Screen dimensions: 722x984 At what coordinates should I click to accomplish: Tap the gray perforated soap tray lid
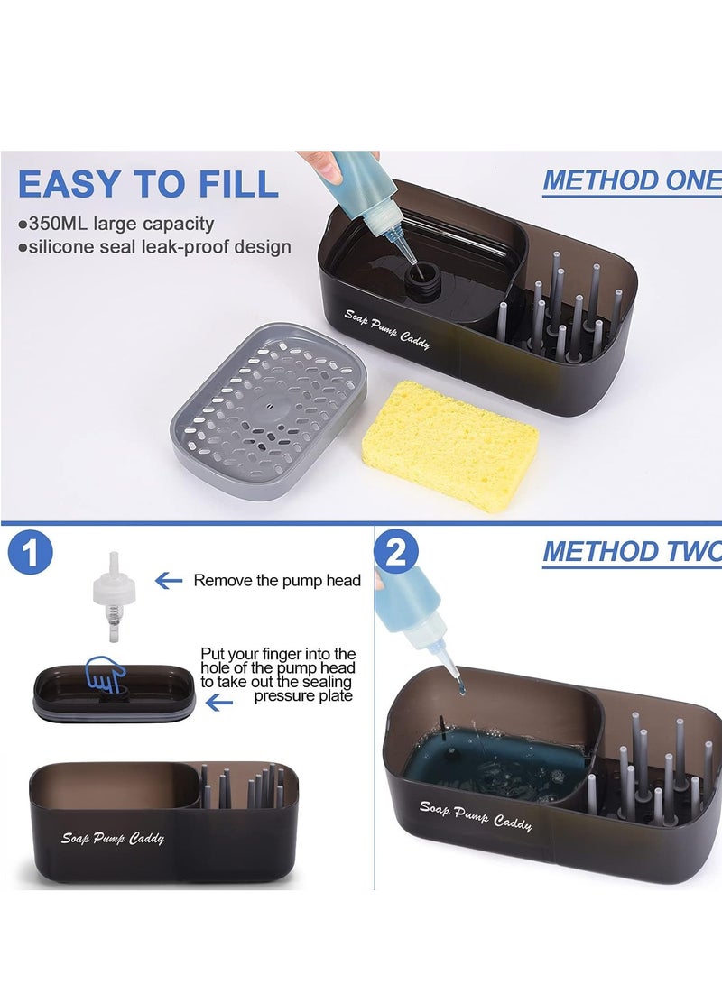(269, 411)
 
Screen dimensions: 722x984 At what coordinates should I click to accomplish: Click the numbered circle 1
(30, 553)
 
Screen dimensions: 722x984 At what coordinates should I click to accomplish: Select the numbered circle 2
(396, 552)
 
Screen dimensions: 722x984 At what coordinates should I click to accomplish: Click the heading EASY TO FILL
(148, 184)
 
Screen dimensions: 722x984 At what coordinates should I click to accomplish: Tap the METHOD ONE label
(633, 180)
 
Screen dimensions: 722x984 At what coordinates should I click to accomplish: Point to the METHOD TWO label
(633, 552)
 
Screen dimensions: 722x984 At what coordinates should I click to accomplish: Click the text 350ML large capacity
(116, 224)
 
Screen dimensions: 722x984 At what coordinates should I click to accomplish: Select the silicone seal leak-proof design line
(154, 246)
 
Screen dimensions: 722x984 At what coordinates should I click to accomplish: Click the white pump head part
(114, 596)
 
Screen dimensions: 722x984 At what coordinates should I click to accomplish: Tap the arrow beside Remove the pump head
(168, 581)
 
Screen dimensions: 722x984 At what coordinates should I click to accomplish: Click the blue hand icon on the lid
(106, 675)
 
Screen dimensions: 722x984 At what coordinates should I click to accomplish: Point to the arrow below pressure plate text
(219, 704)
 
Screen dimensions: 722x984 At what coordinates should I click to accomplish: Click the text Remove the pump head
(277, 581)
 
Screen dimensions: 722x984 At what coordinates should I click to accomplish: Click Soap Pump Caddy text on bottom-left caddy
(113, 838)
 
